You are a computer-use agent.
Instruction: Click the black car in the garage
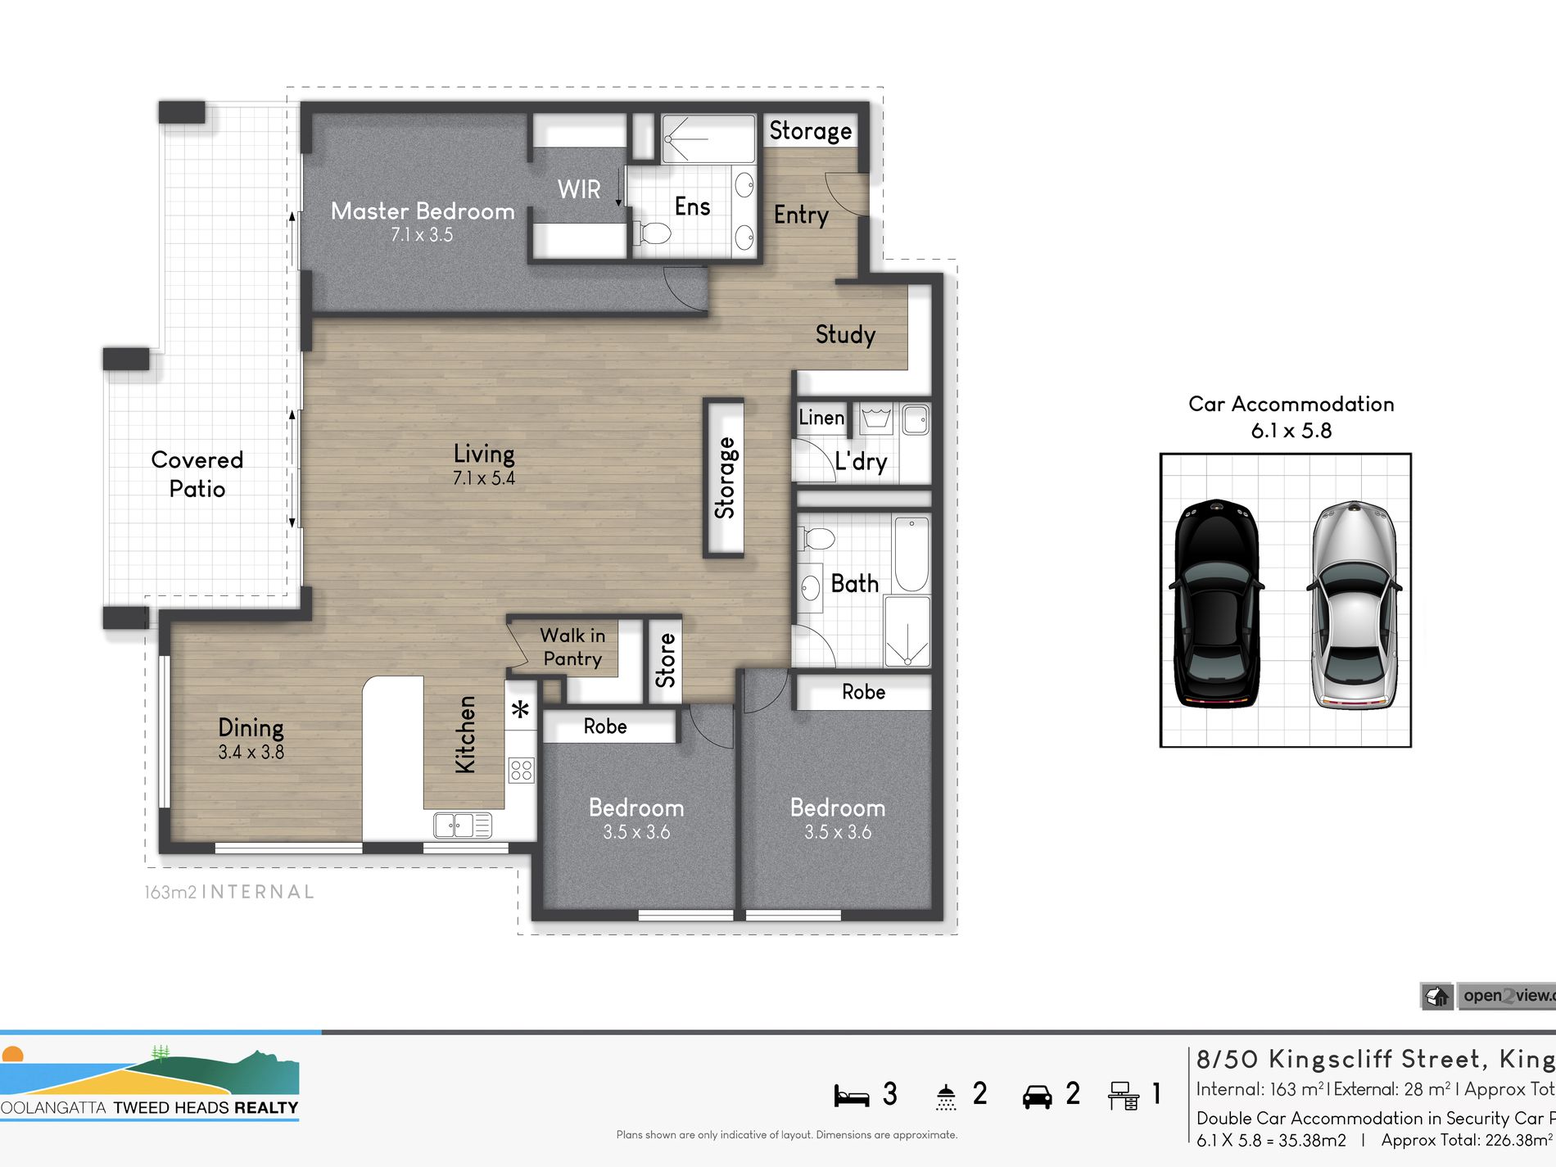tap(1217, 603)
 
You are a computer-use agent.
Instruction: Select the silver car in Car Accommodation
tap(1354, 604)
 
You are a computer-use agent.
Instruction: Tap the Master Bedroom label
tap(423, 211)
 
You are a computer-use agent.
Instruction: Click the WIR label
tap(579, 189)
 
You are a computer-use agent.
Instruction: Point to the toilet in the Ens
tap(654, 233)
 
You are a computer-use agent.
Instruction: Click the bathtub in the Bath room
tap(911, 553)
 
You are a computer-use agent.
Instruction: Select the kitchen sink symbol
tap(463, 825)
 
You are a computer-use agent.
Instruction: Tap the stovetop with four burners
tap(521, 770)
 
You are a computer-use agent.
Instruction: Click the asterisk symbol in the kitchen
tap(521, 710)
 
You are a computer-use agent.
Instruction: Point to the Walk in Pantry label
tap(572, 647)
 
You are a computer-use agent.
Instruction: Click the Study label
tap(845, 334)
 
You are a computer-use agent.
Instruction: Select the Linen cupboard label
tap(821, 418)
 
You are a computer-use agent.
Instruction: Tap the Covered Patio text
tap(197, 474)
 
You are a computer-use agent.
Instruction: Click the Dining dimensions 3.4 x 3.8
tap(251, 753)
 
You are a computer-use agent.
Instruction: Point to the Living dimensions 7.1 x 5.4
tap(484, 478)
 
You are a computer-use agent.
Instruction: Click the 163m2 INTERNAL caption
tap(229, 892)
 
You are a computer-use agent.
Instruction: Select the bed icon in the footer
tap(852, 1096)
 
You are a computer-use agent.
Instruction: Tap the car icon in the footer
tap(1037, 1097)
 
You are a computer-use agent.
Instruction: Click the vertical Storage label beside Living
tap(725, 478)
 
